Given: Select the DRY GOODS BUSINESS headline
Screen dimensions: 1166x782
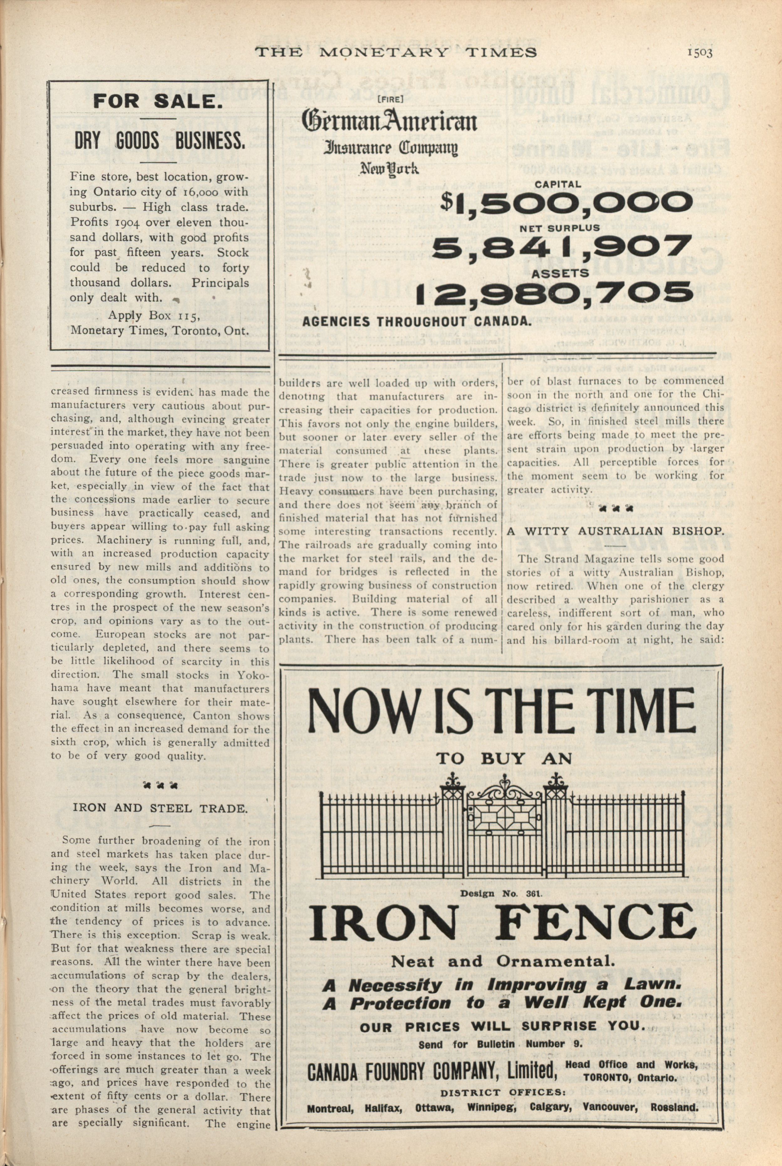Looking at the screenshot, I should point(160,142).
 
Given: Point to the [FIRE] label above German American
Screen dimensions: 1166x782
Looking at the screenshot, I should point(391,99).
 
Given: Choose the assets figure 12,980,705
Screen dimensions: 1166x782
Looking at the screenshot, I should point(554,294).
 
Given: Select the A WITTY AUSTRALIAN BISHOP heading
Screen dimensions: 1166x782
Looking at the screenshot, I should point(615,531).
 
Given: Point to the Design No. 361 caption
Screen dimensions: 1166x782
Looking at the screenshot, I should point(500,894).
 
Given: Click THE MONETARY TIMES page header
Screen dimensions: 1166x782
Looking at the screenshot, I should point(396,52).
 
